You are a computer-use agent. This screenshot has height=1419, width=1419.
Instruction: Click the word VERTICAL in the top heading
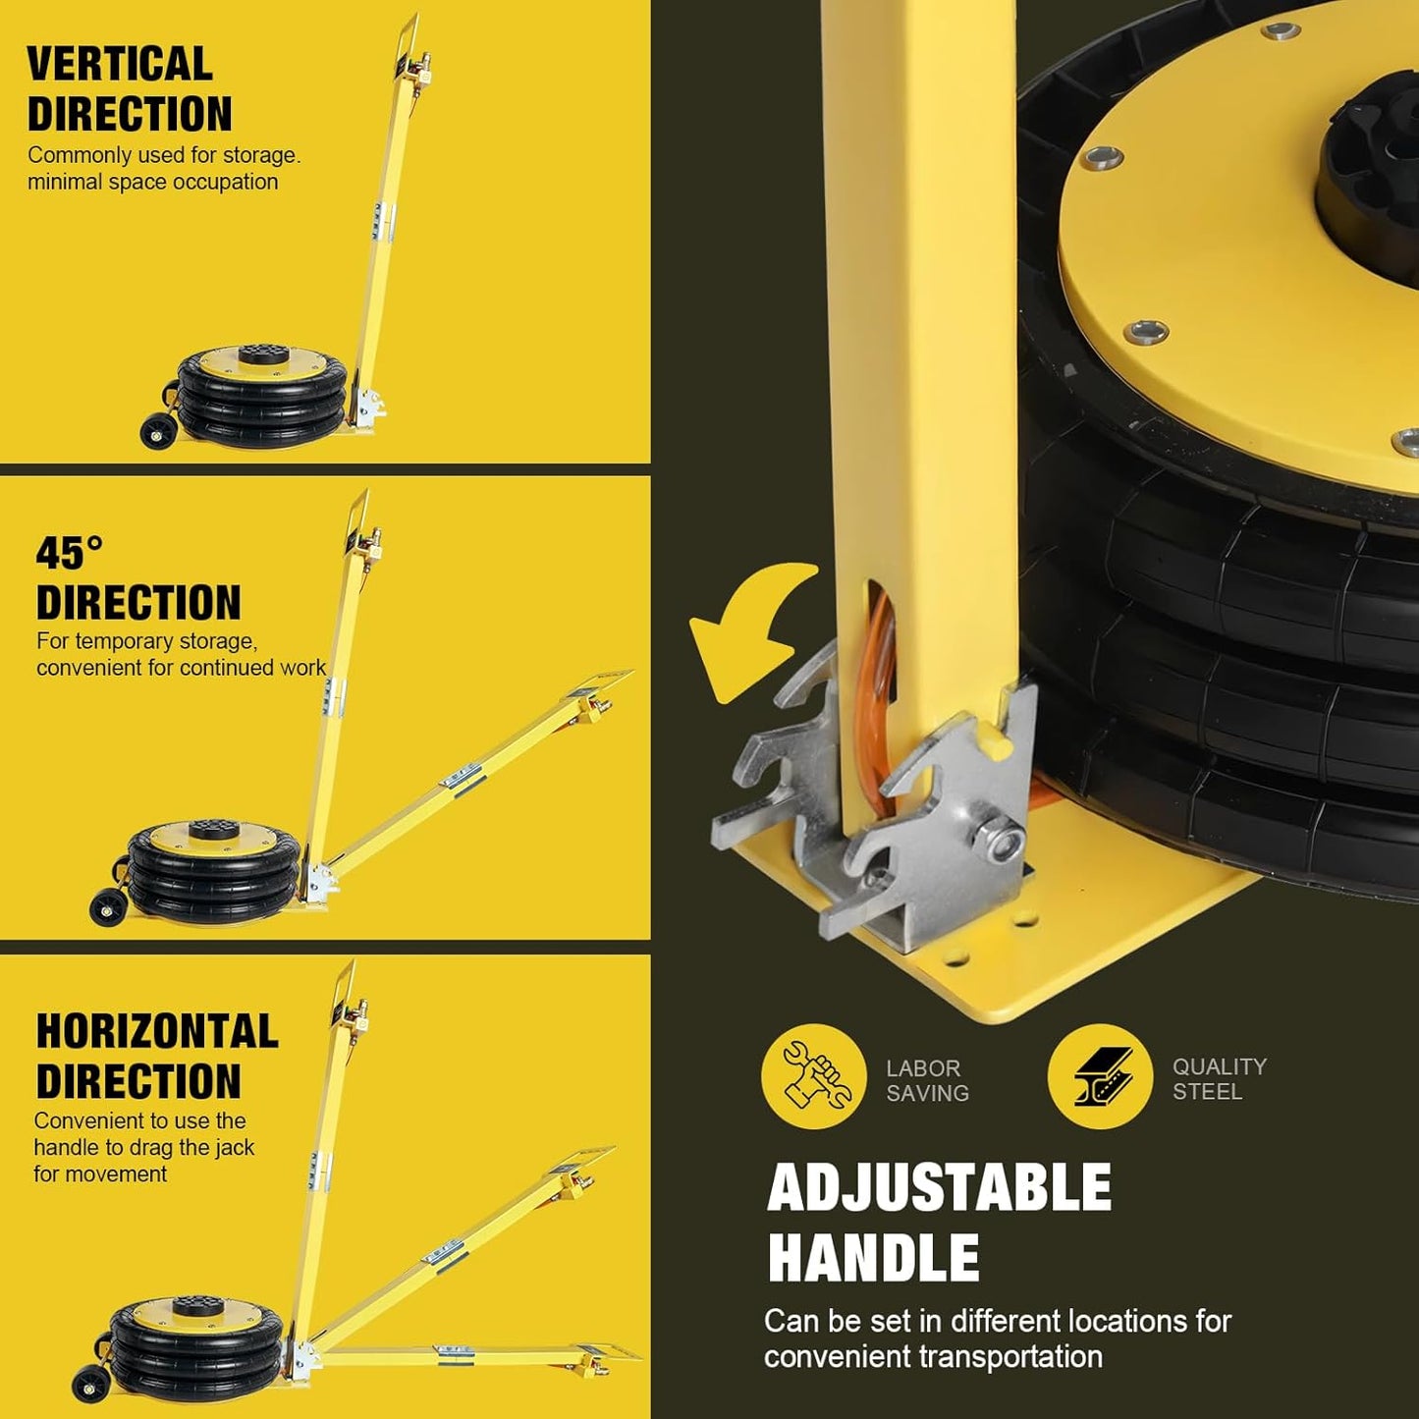point(120,65)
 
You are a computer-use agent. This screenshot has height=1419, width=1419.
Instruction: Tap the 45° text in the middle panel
point(69,554)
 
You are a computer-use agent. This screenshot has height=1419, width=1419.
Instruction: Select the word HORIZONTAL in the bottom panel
point(157,1032)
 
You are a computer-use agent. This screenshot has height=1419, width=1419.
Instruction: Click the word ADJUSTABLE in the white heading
point(939,1188)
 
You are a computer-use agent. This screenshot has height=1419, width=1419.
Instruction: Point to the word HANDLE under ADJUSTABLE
point(873,1259)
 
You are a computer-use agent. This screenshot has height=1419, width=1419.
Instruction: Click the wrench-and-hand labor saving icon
point(813,1076)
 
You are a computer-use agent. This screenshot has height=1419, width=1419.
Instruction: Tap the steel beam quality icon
point(1099,1076)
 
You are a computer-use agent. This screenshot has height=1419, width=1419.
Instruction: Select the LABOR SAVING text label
point(927,1080)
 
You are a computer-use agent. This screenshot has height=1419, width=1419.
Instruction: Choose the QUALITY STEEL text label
point(1219,1078)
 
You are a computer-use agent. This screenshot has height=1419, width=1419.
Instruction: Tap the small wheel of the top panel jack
point(155,431)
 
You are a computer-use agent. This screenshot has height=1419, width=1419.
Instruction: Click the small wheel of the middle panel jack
point(106,906)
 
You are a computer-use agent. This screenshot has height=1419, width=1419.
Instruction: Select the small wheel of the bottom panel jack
point(90,1384)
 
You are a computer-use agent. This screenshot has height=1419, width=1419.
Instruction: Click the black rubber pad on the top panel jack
point(262,353)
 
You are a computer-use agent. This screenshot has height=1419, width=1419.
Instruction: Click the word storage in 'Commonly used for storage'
point(258,155)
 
